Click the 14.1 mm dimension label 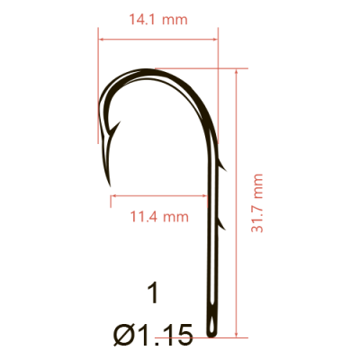[157, 19]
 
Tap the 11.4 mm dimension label [158, 216]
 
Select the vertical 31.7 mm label [258, 203]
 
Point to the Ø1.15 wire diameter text [153, 336]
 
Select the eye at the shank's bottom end [213, 319]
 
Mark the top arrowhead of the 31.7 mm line [236, 72]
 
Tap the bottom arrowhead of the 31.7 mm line [236, 336]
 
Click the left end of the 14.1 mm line [99, 40]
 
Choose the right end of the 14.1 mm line [218, 40]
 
